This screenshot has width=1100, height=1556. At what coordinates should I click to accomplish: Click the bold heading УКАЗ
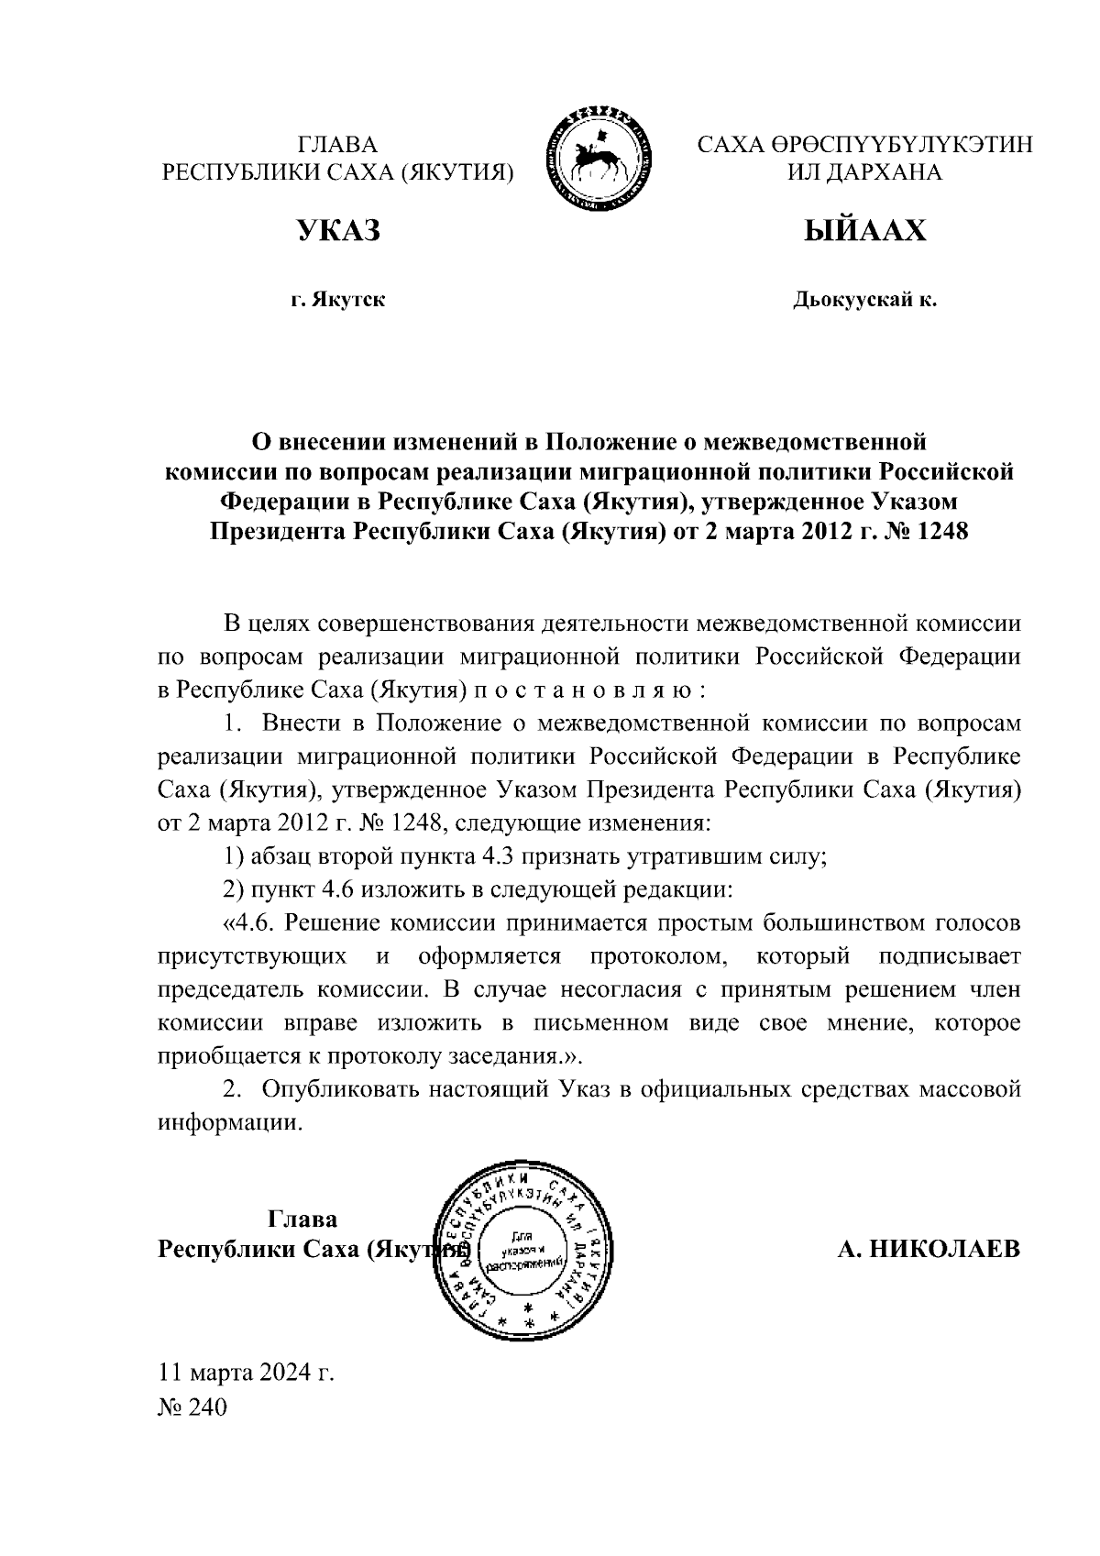coord(337,231)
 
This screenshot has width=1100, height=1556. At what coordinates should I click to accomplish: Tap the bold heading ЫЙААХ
coord(864,231)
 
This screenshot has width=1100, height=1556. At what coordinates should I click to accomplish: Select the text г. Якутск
coord(337,300)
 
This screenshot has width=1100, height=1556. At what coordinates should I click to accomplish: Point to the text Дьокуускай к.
coord(864,300)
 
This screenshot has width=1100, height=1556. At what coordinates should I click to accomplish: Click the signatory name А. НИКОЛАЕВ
coord(928,1250)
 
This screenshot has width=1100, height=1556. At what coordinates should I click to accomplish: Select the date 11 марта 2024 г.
coord(247,1373)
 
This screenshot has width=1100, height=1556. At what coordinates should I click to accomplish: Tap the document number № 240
coord(192,1407)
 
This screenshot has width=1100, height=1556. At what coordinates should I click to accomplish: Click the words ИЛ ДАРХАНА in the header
coord(864,172)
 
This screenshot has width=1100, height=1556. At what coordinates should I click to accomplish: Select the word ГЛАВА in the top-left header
coord(337,145)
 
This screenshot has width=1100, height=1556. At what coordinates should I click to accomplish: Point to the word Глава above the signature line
coord(302,1219)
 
